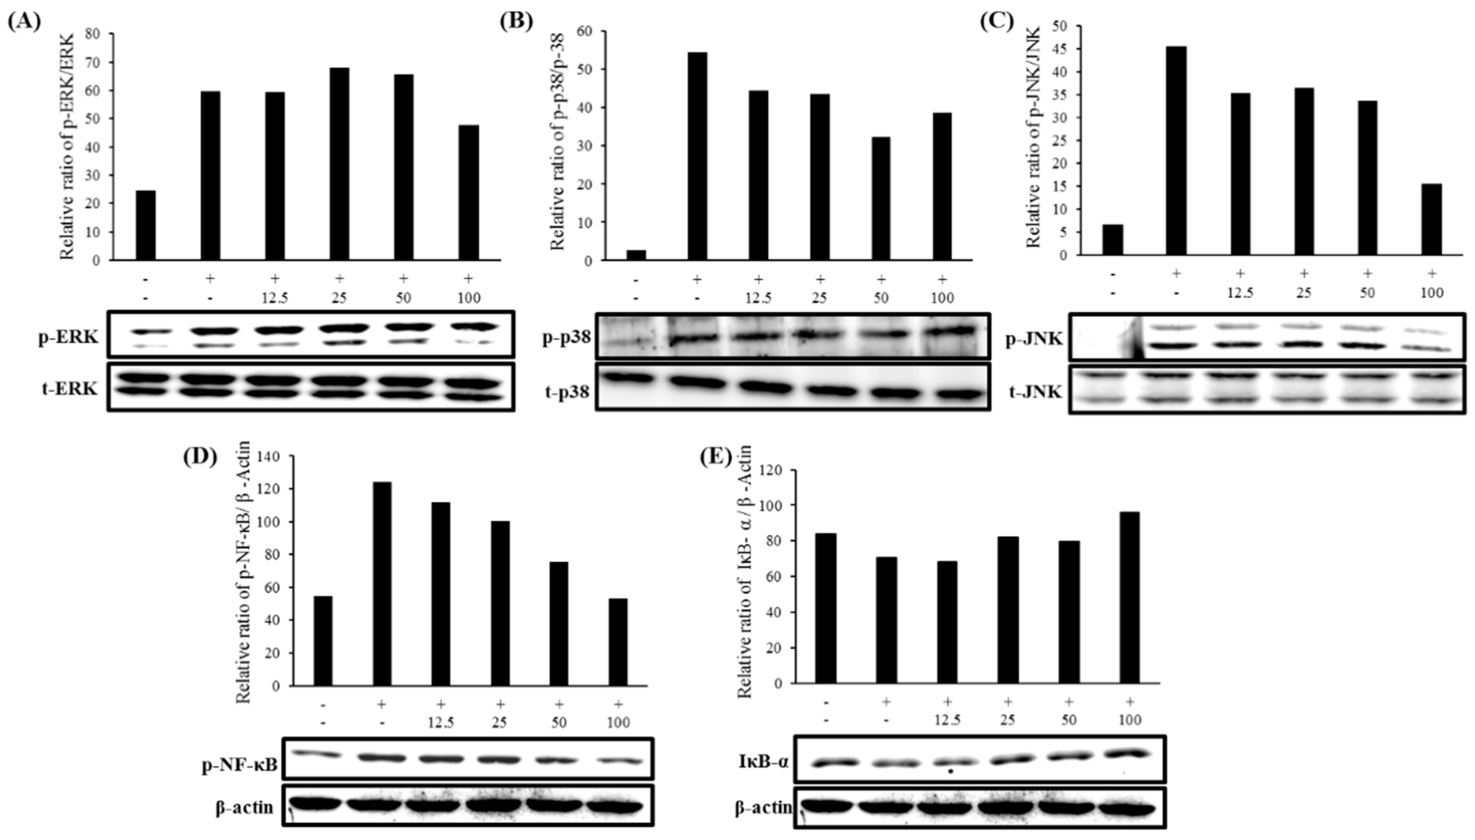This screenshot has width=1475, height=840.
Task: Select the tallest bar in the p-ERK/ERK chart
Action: tap(339, 164)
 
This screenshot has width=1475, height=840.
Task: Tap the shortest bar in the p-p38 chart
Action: tap(635, 255)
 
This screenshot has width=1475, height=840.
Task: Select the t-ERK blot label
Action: tap(68, 389)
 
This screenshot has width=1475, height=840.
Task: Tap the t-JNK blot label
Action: tap(1036, 392)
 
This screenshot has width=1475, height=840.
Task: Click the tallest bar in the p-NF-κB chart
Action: tap(382, 584)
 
